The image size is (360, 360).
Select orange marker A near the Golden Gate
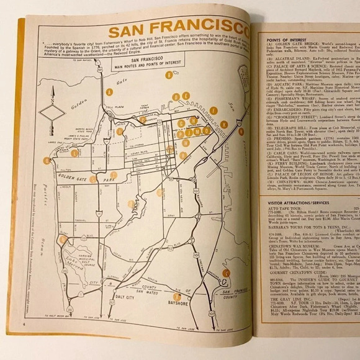pos(109,91)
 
